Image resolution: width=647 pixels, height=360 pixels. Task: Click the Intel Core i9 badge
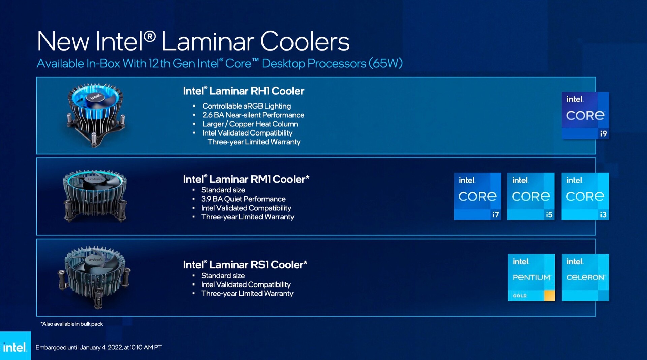(585, 115)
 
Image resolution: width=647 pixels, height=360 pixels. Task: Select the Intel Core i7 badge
(477, 196)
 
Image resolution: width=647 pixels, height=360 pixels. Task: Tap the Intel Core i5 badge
(531, 196)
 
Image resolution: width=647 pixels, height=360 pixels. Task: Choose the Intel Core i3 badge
(585, 196)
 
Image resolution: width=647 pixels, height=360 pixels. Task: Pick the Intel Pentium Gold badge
(531, 277)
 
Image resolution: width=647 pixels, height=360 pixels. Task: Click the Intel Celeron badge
(585, 277)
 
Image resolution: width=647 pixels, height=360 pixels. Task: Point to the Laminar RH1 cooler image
(96, 115)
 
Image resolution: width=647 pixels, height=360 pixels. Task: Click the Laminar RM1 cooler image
(95, 196)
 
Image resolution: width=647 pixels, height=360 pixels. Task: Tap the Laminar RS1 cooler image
(95, 277)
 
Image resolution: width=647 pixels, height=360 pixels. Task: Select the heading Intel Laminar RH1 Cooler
(244, 91)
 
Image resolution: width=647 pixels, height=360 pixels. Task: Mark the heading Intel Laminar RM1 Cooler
(246, 179)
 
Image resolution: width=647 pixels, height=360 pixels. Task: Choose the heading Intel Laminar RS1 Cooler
(245, 265)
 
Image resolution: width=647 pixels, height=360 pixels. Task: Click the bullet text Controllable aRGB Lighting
(247, 106)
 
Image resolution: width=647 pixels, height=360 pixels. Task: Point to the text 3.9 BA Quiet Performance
(243, 199)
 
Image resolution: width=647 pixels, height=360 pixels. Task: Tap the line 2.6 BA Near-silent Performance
(253, 115)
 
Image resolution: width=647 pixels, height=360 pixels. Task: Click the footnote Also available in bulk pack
(72, 324)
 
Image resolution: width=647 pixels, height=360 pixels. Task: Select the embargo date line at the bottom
(99, 347)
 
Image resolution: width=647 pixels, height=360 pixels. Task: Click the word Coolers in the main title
(305, 41)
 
